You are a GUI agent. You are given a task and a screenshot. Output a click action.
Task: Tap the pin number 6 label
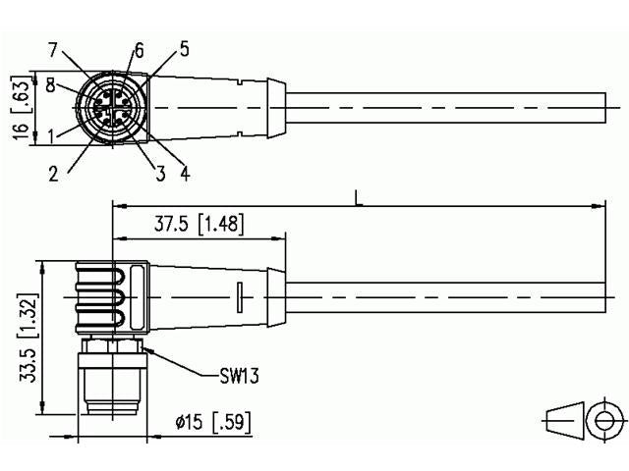point(139,50)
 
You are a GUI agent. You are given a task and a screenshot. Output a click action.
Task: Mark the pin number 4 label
point(185,176)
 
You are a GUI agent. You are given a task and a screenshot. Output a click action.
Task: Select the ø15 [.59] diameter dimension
point(212,423)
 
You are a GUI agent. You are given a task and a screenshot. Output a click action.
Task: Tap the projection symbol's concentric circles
point(599,421)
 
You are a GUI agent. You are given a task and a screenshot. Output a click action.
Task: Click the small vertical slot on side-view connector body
point(240,296)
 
